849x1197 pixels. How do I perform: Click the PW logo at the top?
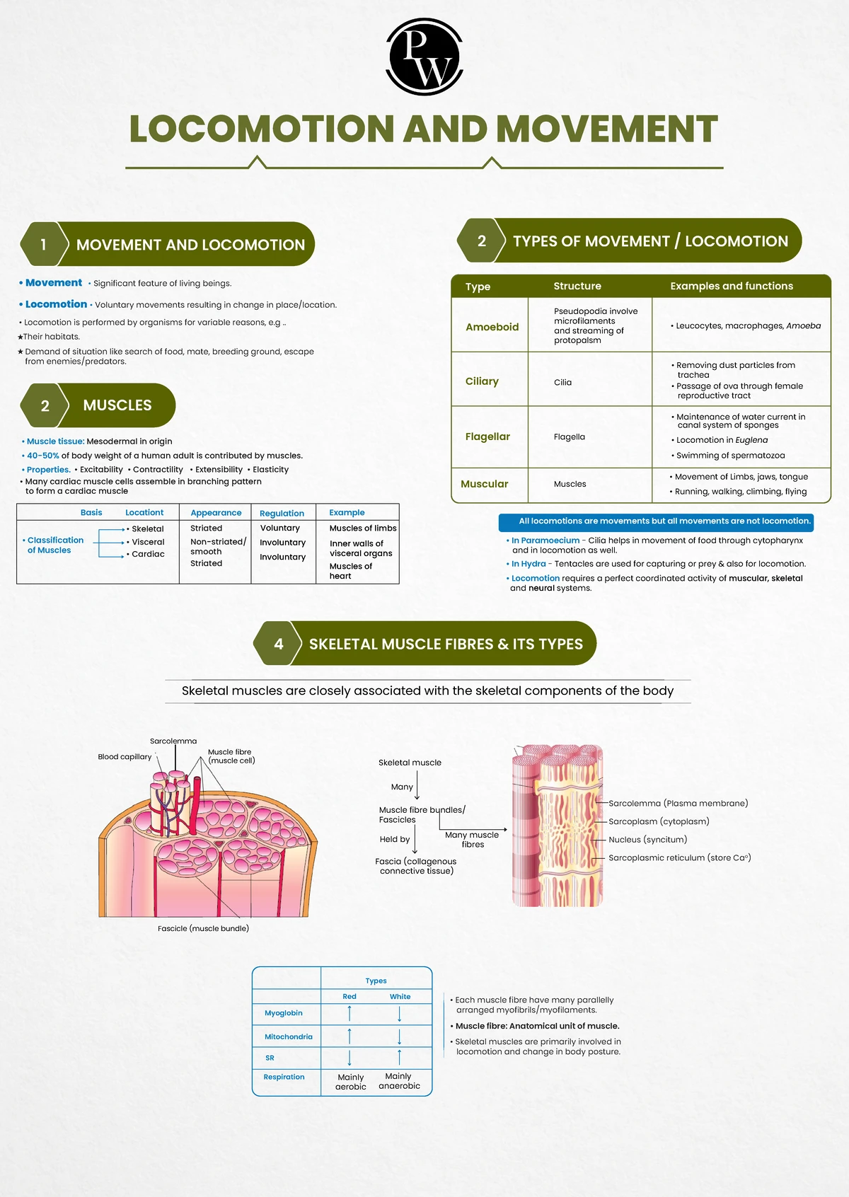[424, 57]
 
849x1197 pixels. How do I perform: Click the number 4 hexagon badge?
[278, 644]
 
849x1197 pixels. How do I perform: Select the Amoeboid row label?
[492, 327]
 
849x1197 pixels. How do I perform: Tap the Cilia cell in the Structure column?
[562, 382]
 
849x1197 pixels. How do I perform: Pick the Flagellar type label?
[487, 436]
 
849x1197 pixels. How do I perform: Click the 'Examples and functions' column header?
[732, 286]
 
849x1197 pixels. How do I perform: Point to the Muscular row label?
[484, 484]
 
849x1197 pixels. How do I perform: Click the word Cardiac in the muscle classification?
[148, 554]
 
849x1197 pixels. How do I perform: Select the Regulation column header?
[282, 513]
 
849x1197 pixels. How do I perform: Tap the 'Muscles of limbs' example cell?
[363, 528]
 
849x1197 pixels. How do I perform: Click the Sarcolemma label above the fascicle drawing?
[173, 741]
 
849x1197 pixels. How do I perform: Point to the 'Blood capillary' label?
[125, 756]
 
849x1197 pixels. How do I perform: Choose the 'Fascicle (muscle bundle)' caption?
[203, 928]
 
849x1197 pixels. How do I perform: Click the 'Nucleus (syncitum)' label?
[647, 840]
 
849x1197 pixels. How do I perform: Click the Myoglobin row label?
[283, 1013]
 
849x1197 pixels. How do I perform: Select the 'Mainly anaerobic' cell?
[399, 1081]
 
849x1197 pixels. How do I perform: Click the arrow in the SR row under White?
[400, 1057]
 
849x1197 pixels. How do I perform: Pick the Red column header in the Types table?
[350, 996]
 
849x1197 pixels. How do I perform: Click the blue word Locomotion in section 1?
[56, 304]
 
